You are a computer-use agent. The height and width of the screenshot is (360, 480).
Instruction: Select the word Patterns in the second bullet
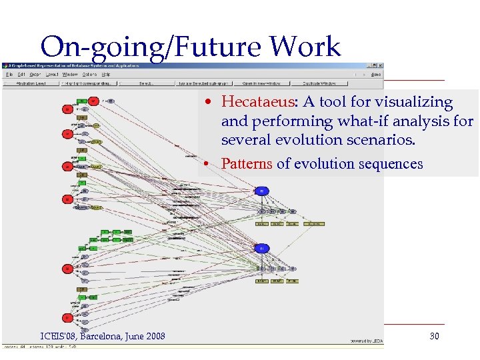pos(246,164)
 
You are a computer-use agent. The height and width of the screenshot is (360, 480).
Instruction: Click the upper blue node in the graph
pos(262,191)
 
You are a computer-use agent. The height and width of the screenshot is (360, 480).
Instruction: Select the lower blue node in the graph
pos(262,249)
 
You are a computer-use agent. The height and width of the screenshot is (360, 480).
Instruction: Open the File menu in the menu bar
pos(10,74)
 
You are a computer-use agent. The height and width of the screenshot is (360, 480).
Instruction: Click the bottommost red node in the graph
pos(67,318)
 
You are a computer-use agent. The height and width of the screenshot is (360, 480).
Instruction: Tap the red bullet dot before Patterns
pos(209,164)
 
